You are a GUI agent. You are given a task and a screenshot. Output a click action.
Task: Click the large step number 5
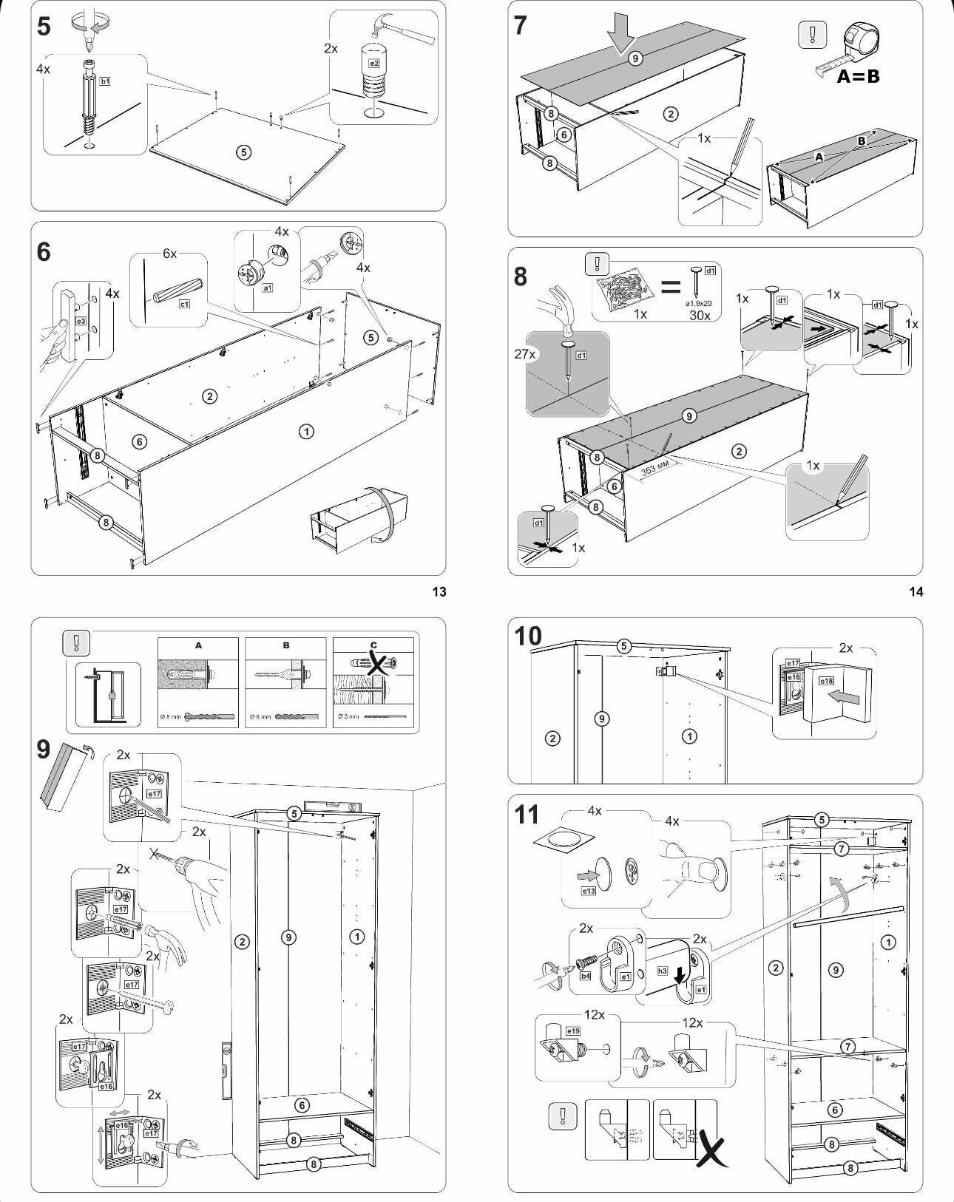coord(44,27)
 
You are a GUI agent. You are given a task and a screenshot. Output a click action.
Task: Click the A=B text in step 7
coord(858,75)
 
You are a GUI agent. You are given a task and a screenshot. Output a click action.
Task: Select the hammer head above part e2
coord(384,30)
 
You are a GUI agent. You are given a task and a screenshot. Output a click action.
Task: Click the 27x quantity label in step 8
coord(524,354)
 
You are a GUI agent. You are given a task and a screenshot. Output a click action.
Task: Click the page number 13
coord(439,591)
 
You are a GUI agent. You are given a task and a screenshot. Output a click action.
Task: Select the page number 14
coord(916,591)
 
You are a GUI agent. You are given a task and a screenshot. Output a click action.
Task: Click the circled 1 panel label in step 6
coord(305,431)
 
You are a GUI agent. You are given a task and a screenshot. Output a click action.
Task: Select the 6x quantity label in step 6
coord(170,254)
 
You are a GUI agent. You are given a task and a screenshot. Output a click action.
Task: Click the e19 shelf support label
coord(572,1030)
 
